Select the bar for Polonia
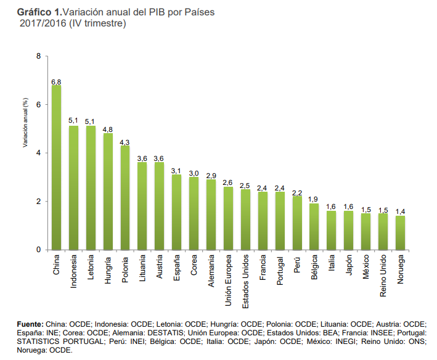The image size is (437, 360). point(125,198)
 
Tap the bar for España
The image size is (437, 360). point(176,212)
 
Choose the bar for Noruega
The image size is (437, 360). point(400,233)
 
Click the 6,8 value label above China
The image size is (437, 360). point(56,81)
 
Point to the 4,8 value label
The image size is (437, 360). point(108,129)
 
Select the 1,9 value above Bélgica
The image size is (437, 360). point(314,199)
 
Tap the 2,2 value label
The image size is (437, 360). point(297,192)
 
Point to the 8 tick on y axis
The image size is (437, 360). point(38,57)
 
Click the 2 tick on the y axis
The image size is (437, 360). point(38,202)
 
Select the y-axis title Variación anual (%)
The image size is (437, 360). point(26,122)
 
